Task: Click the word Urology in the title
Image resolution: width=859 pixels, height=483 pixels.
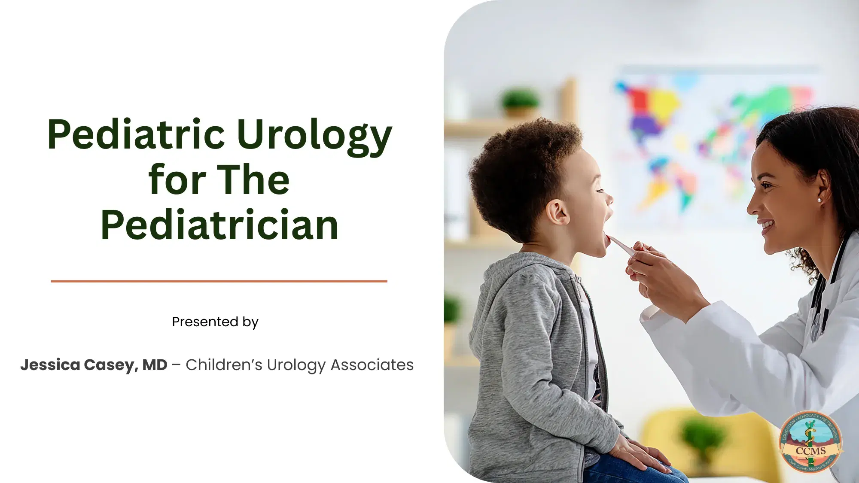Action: (x=314, y=135)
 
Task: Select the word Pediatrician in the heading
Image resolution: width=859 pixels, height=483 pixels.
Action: (x=219, y=225)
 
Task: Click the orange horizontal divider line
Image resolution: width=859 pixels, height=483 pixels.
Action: (x=219, y=281)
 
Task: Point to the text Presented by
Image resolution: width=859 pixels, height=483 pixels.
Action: (x=215, y=322)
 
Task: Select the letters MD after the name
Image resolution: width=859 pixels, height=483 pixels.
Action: (x=155, y=365)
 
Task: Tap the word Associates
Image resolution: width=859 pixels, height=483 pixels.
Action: (x=372, y=365)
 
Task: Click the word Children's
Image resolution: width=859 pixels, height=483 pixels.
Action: (x=224, y=365)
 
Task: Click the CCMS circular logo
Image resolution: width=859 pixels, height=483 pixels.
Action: (x=810, y=442)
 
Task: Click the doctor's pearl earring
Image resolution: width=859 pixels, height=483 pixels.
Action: (x=819, y=200)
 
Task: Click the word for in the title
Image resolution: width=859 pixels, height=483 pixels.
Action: (x=177, y=180)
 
